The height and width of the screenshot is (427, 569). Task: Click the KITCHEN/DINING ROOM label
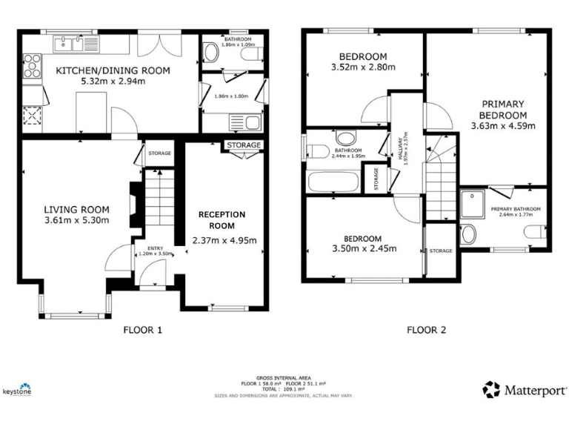[113, 71]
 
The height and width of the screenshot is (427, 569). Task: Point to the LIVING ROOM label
[76, 209]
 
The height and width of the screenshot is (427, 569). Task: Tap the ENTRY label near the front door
[155, 248]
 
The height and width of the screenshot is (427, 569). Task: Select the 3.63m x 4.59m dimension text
[502, 126]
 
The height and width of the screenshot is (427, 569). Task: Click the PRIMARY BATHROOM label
[516, 209]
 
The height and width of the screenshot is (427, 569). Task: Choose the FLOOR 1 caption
[142, 331]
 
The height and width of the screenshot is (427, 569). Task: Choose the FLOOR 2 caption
[426, 331]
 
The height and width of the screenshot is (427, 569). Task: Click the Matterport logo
[525, 389]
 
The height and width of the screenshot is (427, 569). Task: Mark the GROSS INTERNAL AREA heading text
[283, 377]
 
